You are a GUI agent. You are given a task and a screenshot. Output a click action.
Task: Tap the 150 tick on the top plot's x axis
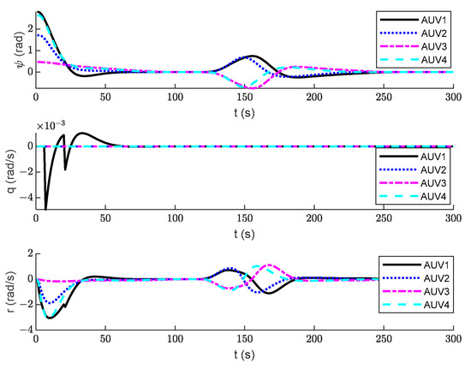click(x=244, y=97)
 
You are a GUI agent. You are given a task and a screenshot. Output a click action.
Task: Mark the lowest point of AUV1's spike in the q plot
click(x=45, y=208)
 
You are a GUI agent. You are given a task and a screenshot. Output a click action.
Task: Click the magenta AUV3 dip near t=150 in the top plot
click(x=249, y=88)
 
